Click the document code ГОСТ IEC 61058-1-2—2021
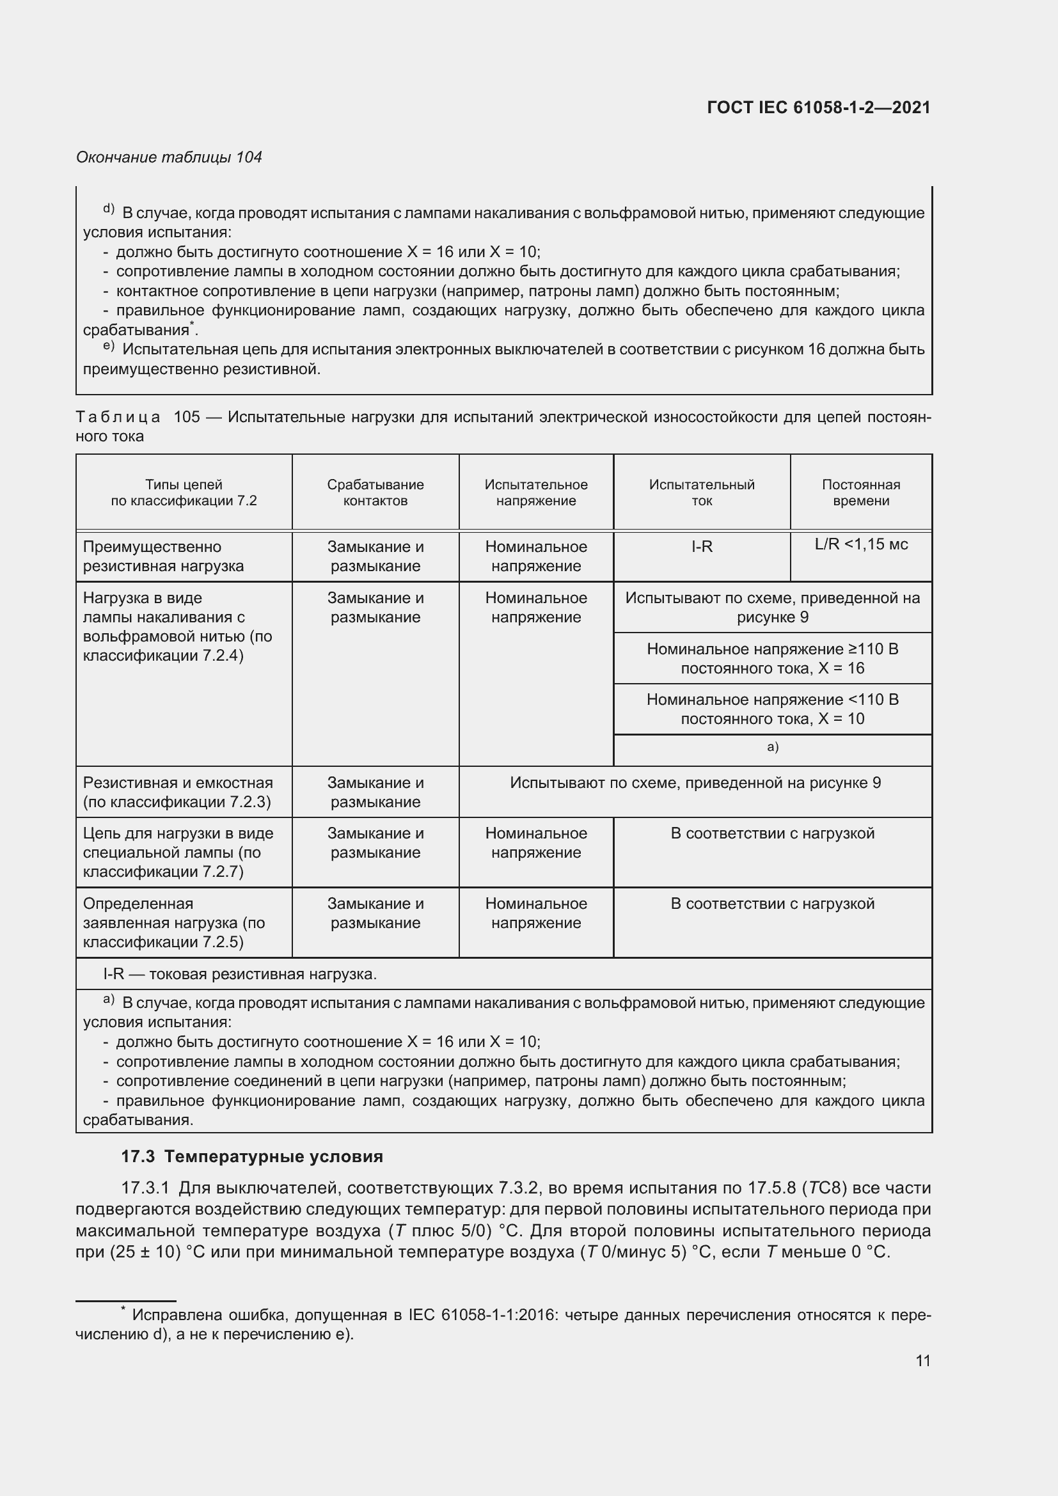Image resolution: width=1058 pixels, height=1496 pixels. tap(818, 107)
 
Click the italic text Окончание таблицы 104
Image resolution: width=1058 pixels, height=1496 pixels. tap(169, 157)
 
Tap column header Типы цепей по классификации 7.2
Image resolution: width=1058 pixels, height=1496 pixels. tap(184, 492)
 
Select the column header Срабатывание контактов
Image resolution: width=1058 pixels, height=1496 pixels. tap(375, 492)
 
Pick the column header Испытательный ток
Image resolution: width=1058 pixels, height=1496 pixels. tap(702, 492)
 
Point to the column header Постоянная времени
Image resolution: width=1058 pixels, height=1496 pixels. tap(860, 492)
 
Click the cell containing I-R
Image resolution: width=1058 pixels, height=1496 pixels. tap(702, 547)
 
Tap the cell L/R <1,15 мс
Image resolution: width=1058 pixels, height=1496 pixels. tap(860, 544)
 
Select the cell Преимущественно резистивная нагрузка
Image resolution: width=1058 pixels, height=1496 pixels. tap(163, 556)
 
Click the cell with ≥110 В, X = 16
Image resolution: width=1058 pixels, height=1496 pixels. tap(772, 658)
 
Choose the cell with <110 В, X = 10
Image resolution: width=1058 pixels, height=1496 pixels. tap(772, 709)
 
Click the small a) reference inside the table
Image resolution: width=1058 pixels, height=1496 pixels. tap(772, 746)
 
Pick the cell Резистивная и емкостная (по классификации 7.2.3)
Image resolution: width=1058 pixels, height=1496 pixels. tap(177, 792)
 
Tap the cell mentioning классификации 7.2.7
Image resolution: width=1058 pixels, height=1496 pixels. tap(177, 852)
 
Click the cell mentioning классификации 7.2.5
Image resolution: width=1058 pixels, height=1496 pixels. tap(173, 923)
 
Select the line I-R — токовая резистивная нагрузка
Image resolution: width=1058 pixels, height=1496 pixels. tap(240, 974)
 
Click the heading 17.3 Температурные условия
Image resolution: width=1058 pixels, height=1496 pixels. tap(251, 1156)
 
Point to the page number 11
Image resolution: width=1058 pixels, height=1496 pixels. tap(922, 1360)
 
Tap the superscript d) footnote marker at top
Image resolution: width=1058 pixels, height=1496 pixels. tap(108, 209)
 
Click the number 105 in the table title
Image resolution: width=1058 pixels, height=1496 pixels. tap(187, 417)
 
